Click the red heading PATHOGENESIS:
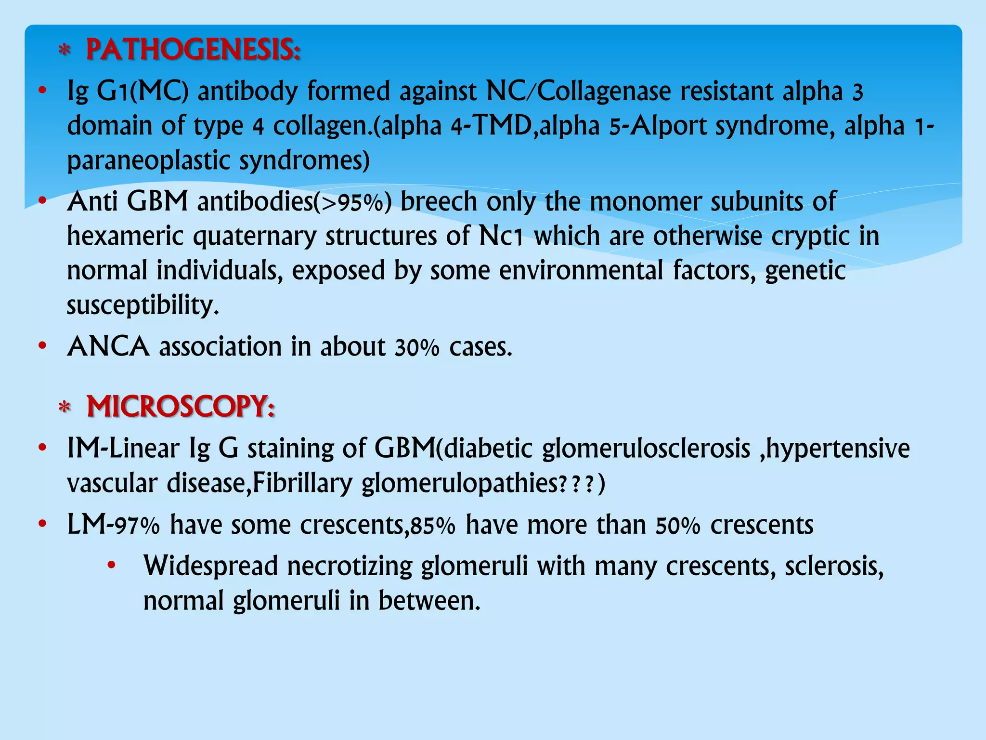point(193,50)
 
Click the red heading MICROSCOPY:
point(181,407)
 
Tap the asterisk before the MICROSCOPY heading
point(65,408)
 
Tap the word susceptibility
point(143,305)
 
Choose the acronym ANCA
point(108,347)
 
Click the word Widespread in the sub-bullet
point(211,566)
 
